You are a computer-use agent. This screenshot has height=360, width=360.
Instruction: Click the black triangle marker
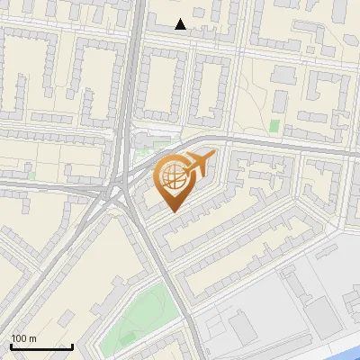click(181, 24)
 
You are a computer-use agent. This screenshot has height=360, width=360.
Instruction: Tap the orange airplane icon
click(198, 165)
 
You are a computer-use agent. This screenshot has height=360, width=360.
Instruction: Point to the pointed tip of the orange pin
click(170, 211)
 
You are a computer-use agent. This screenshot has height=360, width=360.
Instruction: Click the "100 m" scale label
click(23, 338)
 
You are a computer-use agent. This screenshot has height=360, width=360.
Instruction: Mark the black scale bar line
click(41, 346)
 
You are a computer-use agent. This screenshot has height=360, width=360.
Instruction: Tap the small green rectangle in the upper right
click(274, 126)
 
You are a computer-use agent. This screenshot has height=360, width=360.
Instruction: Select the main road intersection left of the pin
click(115, 190)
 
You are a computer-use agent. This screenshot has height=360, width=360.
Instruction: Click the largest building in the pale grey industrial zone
click(319, 311)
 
